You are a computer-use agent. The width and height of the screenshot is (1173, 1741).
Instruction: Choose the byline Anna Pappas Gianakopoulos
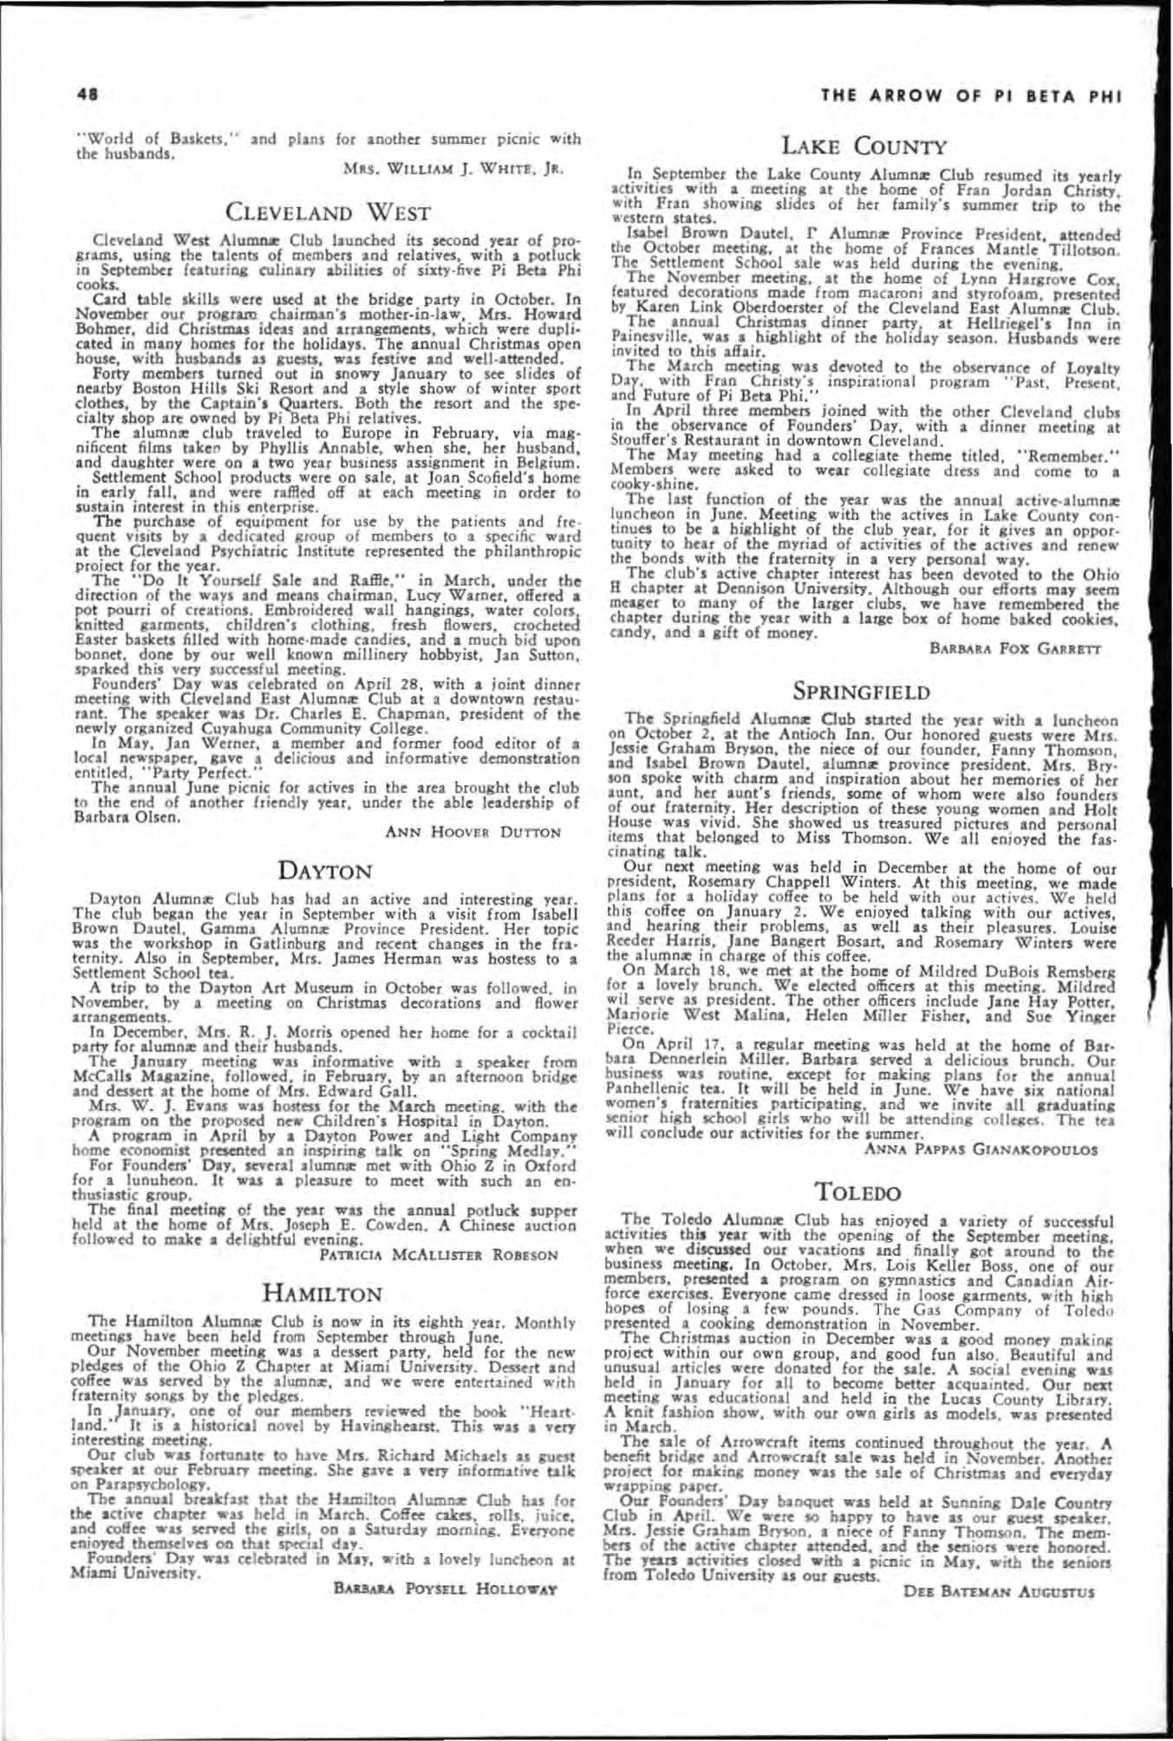(x=980, y=1149)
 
